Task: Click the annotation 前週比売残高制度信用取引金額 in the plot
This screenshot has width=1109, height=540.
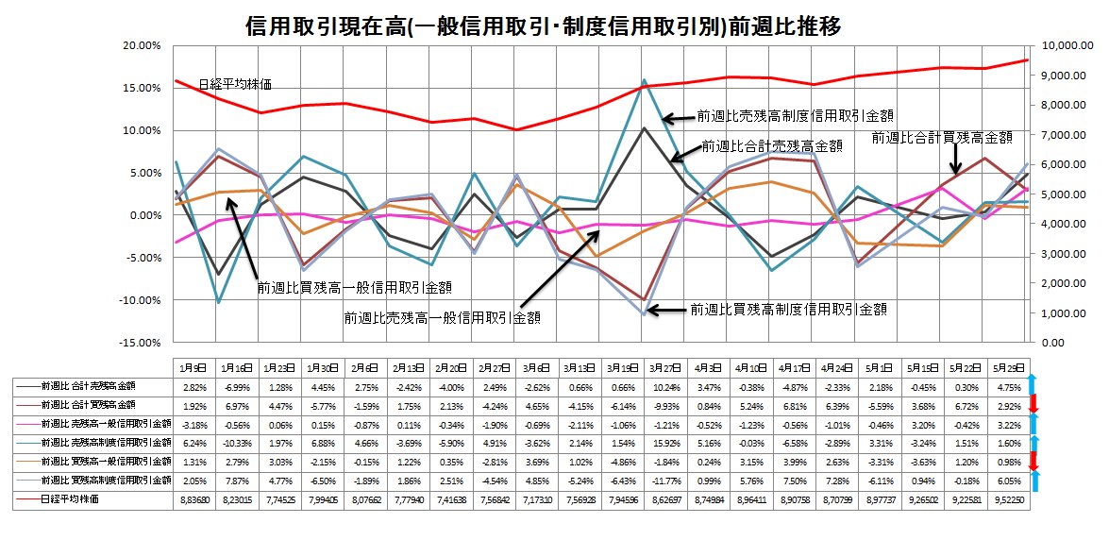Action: [796, 115]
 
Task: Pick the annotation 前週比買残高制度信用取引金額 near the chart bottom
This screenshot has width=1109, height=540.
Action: [789, 309]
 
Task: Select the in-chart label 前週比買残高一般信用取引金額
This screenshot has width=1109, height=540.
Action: [355, 287]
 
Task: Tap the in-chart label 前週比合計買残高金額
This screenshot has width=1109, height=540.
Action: [942, 137]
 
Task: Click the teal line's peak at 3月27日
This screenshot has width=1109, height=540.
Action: [644, 80]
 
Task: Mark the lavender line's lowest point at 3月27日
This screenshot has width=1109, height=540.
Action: [644, 314]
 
